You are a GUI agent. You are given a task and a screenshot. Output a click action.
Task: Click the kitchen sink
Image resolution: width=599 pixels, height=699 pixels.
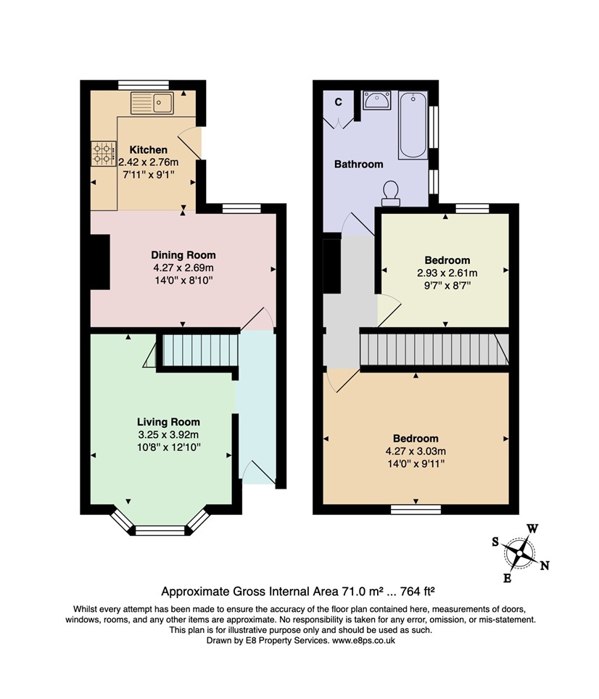click(x=152, y=103)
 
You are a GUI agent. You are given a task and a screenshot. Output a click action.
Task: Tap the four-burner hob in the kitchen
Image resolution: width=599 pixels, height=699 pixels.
click(x=104, y=153)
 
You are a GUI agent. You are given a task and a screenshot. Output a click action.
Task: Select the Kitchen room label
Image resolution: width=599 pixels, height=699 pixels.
click(x=149, y=150)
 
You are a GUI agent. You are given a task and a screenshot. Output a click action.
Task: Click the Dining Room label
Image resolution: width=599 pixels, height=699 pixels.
click(x=183, y=255)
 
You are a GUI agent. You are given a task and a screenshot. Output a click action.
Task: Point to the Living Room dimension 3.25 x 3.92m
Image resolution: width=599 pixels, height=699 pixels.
click(x=168, y=434)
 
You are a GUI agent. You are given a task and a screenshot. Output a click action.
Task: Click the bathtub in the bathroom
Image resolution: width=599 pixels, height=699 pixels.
click(x=413, y=125)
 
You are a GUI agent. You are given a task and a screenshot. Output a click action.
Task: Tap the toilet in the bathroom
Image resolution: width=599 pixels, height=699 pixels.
click(x=391, y=194)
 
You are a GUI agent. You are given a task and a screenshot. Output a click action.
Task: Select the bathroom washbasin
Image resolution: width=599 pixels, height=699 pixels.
click(x=376, y=100)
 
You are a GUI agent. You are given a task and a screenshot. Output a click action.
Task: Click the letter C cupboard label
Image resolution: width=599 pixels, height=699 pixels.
click(x=338, y=102)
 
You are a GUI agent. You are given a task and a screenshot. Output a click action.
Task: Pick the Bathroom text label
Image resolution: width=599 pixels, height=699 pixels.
click(x=359, y=164)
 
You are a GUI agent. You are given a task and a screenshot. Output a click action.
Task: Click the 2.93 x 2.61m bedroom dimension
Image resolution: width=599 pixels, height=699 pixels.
click(x=447, y=273)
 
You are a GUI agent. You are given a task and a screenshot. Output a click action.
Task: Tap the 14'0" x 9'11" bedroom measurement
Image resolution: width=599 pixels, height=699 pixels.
click(x=416, y=464)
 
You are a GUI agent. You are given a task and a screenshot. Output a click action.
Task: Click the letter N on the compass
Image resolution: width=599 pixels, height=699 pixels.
click(x=544, y=566)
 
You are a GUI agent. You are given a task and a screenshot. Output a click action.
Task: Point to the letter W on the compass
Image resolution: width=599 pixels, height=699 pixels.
click(x=532, y=529)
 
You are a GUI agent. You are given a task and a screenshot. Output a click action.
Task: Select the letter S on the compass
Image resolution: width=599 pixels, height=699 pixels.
click(x=495, y=542)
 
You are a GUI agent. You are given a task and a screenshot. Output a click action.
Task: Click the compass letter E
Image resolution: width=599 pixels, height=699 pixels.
click(x=507, y=579)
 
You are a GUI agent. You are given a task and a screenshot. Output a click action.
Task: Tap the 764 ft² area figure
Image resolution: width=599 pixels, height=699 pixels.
click(x=417, y=592)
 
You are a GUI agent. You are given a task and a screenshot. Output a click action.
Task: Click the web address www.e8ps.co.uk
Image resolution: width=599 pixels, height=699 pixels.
click(x=363, y=640)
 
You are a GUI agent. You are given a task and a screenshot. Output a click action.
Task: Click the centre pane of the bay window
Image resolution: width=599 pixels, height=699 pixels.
click(x=160, y=531)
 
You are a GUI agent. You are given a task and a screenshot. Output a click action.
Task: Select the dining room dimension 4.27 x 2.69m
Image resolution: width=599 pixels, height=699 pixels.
click(x=183, y=268)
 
